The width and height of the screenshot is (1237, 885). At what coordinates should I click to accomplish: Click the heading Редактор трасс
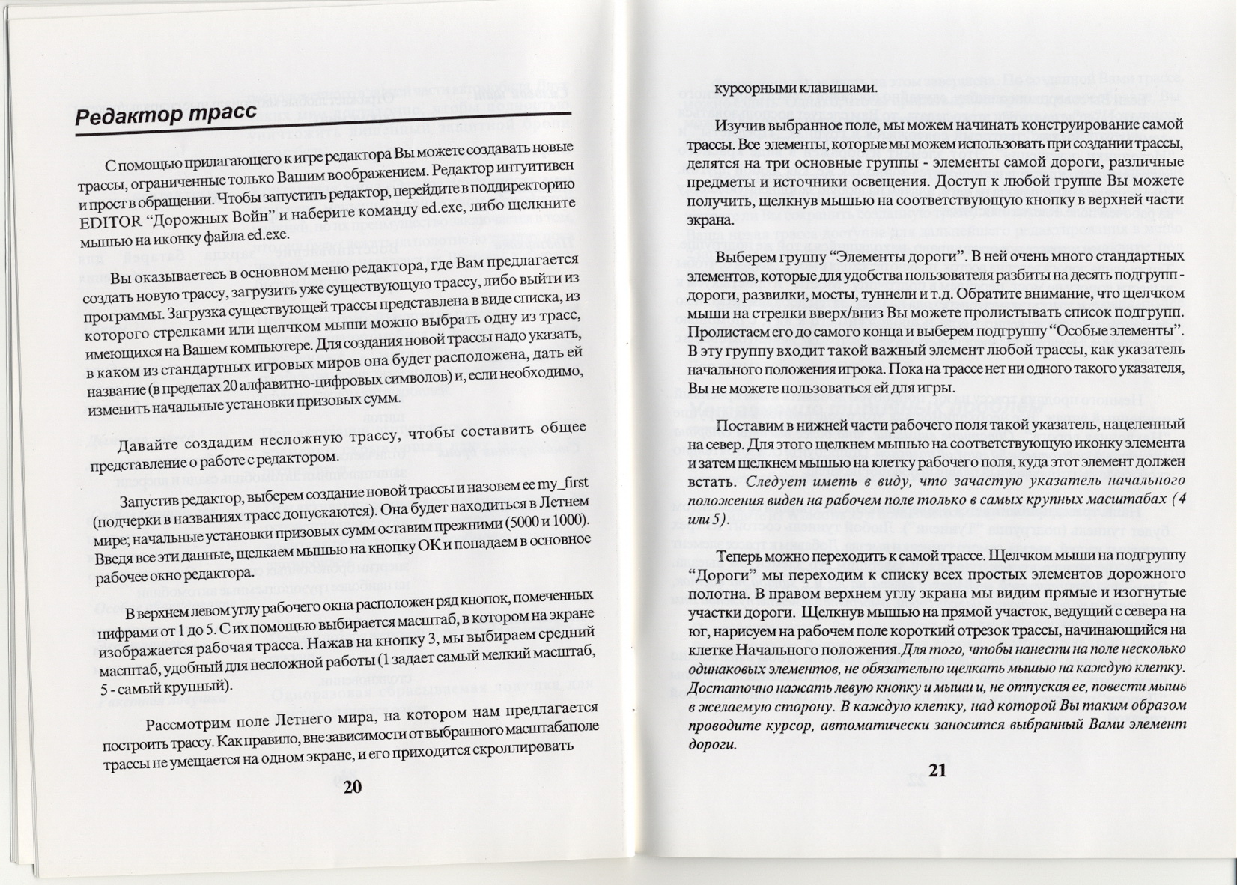pos(166,115)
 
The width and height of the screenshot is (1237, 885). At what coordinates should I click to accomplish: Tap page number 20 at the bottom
pos(352,786)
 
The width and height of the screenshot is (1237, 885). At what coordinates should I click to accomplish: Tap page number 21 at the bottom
pos(938,770)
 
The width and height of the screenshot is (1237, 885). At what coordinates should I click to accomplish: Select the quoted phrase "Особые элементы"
pos(1131,330)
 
